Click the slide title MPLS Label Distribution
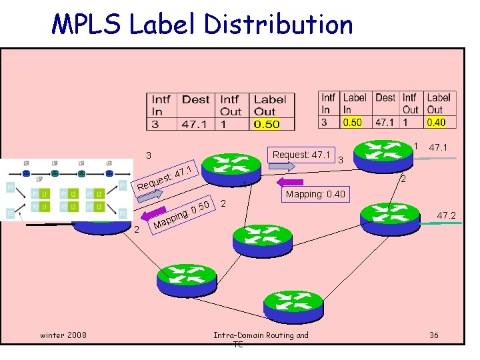[202, 25]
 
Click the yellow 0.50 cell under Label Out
[267, 124]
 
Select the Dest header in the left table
[195, 100]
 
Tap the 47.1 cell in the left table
[195, 124]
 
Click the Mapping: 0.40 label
[315, 195]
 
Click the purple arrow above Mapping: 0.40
[290, 181]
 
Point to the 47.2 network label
[445, 215]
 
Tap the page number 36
[434, 335]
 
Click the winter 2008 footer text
[62, 335]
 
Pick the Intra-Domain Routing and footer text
[261, 335]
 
